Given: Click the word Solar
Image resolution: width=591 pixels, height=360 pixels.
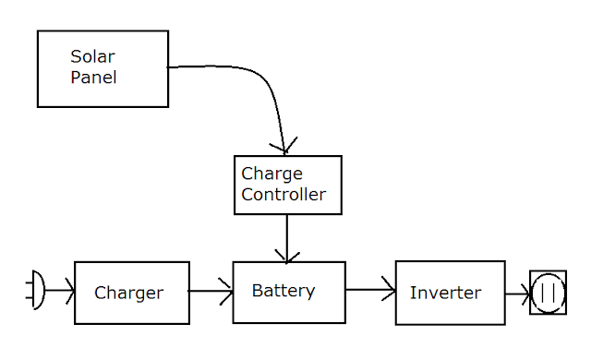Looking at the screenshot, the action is (92, 57).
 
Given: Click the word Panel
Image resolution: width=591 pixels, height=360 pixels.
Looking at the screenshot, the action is (93, 78).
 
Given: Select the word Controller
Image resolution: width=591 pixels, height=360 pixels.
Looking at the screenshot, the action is (283, 195).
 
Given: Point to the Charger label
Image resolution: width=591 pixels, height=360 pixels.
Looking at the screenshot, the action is (129, 294).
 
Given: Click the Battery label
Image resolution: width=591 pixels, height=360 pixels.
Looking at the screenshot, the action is (283, 291).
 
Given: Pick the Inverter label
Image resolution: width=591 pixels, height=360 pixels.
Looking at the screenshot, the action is (445, 293).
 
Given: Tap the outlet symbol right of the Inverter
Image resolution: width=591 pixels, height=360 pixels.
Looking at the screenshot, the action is (548, 293).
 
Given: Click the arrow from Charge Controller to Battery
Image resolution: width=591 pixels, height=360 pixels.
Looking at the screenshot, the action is (287, 239).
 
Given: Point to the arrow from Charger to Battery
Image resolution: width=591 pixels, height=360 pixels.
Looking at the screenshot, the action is (211, 291).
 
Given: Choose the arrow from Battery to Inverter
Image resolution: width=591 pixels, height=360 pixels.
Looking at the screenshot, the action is (370, 290).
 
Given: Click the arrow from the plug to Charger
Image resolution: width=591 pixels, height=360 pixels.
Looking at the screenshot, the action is (59, 290).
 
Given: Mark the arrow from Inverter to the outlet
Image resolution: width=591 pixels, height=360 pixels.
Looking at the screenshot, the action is (518, 294).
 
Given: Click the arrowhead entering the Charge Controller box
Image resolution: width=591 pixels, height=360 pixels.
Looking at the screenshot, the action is (284, 147).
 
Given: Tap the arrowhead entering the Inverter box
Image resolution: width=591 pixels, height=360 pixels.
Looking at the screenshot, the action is (389, 289).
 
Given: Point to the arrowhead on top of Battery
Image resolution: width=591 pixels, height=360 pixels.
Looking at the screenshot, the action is (287, 257).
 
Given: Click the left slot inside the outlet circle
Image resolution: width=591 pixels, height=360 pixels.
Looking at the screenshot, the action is (542, 293).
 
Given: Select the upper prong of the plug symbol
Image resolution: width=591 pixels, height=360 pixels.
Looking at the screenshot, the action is (30, 282).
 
